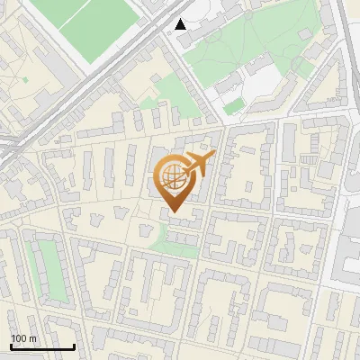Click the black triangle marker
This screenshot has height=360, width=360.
(181, 24)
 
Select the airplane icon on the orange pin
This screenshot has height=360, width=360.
(197, 165)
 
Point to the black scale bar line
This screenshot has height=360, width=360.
(42, 347)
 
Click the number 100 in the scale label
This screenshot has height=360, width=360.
(19, 338)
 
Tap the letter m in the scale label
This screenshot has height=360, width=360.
(32, 338)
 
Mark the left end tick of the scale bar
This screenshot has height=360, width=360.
(11, 346)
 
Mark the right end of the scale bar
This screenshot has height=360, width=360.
(74, 346)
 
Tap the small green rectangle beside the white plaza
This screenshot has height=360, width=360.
(233, 106)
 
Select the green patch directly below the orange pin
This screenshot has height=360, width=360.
(175, 241)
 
